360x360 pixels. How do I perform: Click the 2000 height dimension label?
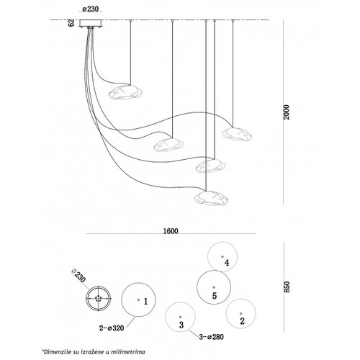tap(287, 112)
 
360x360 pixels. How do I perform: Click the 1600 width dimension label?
tap(171, 231)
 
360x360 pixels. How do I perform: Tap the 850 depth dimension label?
tap(287, 287)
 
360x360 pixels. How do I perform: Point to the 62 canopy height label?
tap(71, 23)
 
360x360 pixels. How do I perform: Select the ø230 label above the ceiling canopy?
tap(91, 9)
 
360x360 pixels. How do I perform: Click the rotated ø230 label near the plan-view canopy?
tap(78, 276)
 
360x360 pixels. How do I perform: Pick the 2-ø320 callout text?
tap(112, 328)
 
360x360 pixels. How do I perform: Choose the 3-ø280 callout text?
tap(212, 337)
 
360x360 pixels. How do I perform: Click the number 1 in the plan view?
tap(145, 302)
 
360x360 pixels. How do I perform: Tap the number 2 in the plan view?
tap(242, 321)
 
